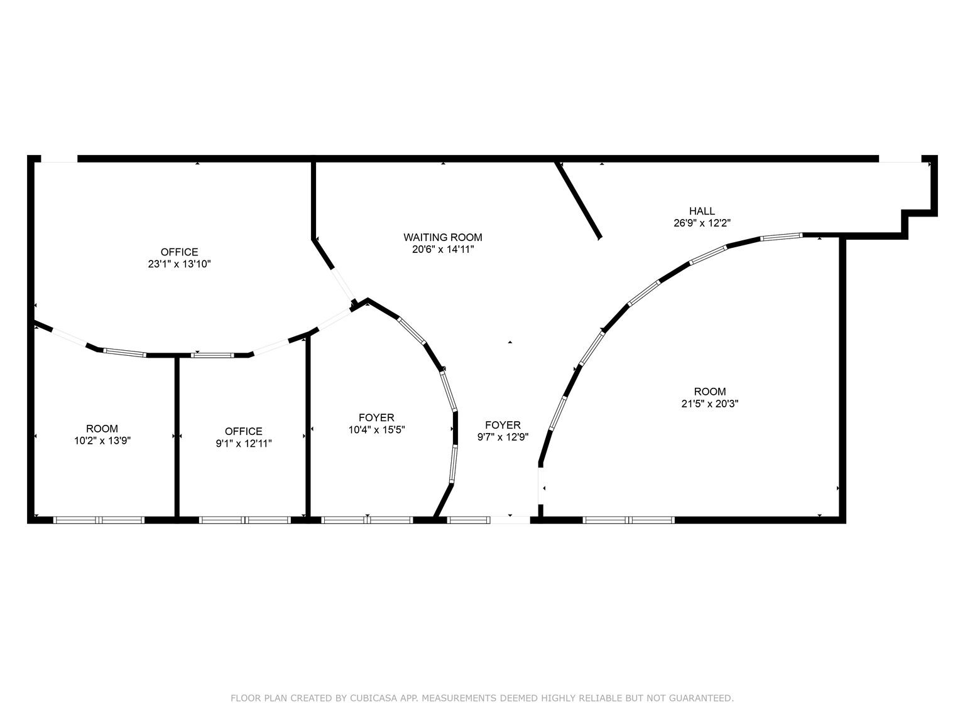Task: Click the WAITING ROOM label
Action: point(442,237)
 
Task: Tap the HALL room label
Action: point(702,211)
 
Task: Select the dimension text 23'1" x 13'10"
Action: point(179,264)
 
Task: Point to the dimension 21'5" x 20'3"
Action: point(710,404)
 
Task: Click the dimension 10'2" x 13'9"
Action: point(102,441)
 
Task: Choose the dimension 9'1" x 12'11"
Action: point(244,443)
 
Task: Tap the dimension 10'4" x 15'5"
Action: point(376,430)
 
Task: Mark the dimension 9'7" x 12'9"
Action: point(503,437)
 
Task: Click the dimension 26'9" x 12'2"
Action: point(702,223)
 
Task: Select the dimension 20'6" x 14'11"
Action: point(442,249)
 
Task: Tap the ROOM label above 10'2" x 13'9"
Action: point(102,429)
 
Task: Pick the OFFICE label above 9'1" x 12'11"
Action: point(244,431)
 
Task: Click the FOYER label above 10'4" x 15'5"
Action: point(376,417)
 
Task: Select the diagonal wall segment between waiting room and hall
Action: point(579,200)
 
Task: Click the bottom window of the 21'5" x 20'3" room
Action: point(628,520)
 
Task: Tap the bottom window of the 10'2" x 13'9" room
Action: point(99,520)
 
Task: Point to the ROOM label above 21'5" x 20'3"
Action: point(710,392)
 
